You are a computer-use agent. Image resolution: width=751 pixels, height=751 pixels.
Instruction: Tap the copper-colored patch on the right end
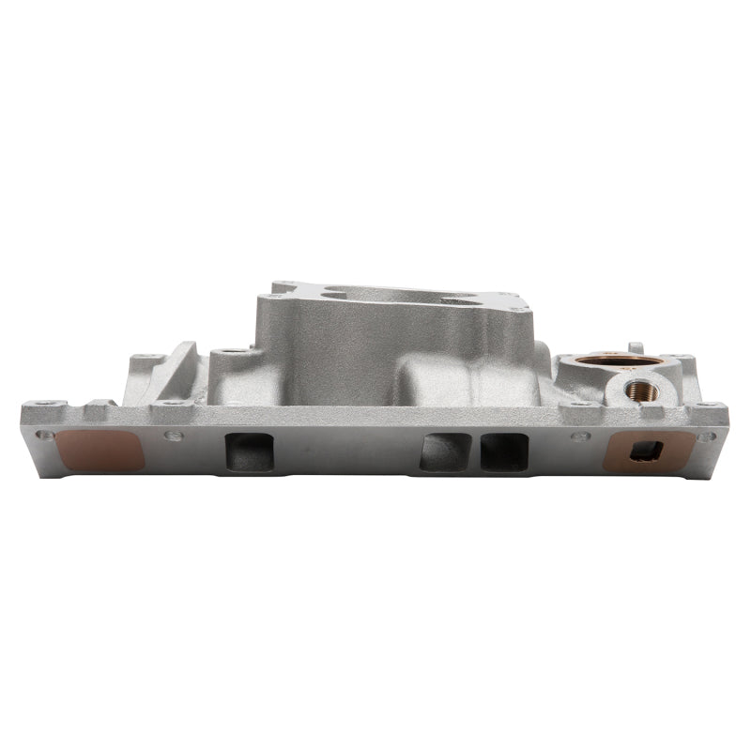648,451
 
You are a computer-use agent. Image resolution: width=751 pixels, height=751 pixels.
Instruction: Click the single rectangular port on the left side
250,452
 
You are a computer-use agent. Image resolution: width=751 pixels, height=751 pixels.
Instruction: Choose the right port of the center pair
504,452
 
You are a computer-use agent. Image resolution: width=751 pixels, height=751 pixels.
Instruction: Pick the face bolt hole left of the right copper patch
582,436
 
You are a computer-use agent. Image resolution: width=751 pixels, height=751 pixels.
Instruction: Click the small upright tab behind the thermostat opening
635,347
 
